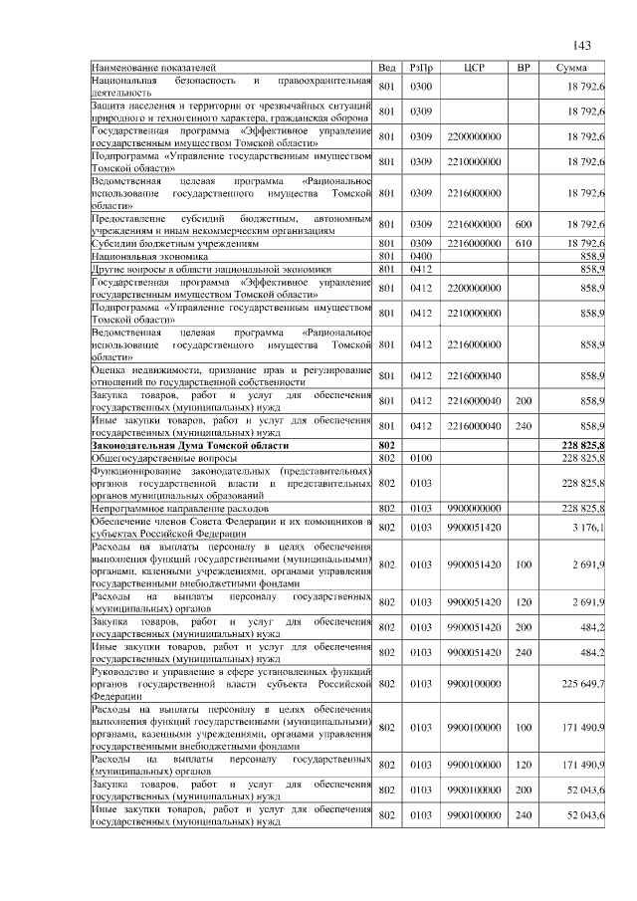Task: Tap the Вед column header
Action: click(387, 67)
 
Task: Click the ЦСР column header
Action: click(474, 67)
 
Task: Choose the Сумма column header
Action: click(571, 67)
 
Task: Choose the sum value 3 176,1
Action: click(588, 527)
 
